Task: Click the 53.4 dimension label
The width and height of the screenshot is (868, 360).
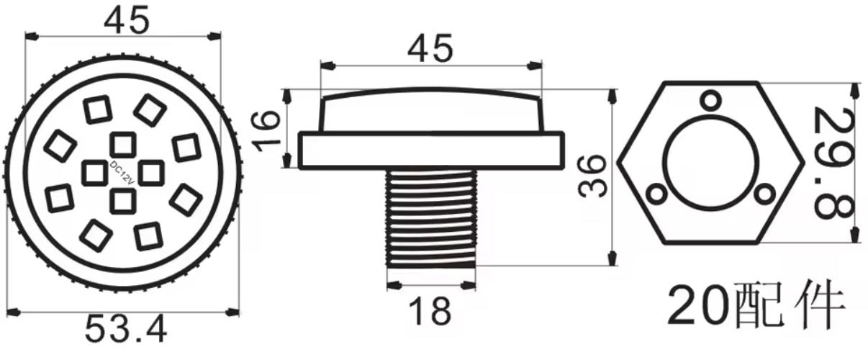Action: (126, 330)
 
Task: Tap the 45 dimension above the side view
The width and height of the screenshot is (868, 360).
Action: (430, 49)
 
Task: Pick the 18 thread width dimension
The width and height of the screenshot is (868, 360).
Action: (430, 311)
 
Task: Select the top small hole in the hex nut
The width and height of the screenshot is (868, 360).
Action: (711, 100)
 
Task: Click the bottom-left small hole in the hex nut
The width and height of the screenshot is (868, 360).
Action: (656, 194)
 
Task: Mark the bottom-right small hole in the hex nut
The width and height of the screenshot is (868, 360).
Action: (765, 193)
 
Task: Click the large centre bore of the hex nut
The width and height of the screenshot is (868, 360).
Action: (710, 162)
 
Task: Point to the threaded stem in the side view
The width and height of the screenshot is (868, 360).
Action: (430, 219)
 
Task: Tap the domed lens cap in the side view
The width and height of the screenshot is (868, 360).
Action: (430, 112)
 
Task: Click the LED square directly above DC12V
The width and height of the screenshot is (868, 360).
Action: (122, 143)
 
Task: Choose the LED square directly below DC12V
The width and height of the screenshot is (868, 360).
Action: (122, 202)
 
